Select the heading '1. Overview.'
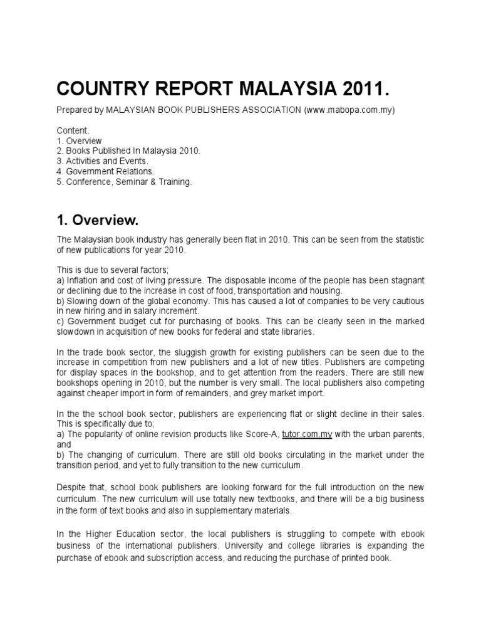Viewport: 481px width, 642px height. [x=96, y=220]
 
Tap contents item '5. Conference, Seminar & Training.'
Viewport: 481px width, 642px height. [x=124, y=181]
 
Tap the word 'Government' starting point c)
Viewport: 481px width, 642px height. [x=91, y=321]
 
